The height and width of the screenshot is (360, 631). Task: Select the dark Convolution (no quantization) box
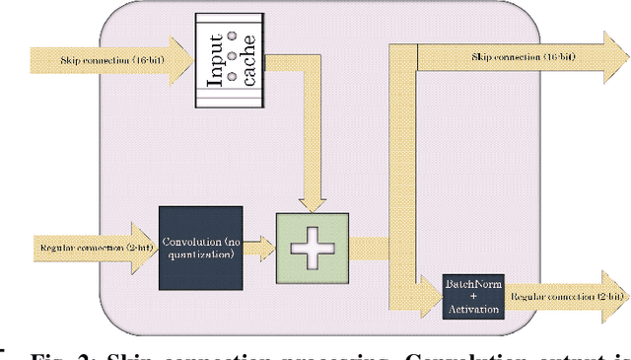tap(200, 247)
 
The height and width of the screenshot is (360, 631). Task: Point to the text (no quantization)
tap(200, 253)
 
